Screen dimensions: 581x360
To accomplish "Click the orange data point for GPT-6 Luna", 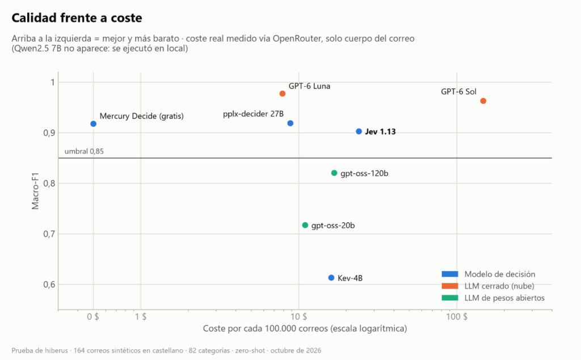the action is pos(283,94).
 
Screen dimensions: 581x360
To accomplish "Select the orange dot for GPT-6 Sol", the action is pos(483,101).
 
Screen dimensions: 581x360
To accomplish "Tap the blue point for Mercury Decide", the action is pos(94,124).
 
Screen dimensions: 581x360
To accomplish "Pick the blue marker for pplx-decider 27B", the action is pos(290,124).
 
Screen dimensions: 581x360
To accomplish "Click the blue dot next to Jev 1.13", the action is pos(359,132).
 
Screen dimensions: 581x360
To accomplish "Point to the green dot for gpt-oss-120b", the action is pos(334,173).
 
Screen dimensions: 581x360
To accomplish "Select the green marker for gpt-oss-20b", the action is pos(305,225).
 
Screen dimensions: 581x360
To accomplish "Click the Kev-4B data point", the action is pos(331,278).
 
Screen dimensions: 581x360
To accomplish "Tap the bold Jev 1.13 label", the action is pos(380,132).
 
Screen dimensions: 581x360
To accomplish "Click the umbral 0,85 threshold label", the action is pos(84,151).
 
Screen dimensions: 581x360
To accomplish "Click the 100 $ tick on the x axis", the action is pos(457,317).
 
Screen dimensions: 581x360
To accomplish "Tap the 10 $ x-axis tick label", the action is pos(299,317).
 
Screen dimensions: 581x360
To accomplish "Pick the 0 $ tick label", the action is pos(93,317).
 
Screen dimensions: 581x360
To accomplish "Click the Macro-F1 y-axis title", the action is pos(35,190).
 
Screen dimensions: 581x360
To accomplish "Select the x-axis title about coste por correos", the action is pos(305,328).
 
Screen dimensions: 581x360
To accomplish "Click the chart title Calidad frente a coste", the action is pos(77,18).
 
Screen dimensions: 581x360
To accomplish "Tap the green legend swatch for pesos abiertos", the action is pos(450,298).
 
